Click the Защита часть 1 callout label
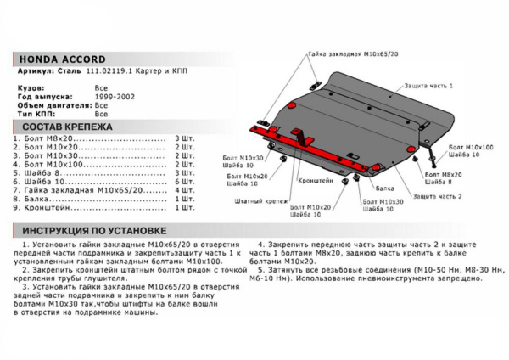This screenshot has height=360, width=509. click(429, 87)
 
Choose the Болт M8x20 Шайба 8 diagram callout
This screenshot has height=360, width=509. click(441, 176)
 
